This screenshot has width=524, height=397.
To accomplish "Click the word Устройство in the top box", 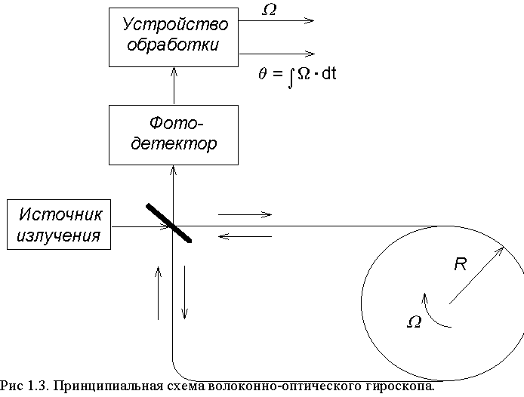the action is pos(175,24).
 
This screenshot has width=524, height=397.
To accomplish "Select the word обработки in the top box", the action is pos(173,45).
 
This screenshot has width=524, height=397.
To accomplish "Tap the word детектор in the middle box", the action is pos(174,143).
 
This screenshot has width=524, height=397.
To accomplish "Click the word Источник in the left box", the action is pos(60,214).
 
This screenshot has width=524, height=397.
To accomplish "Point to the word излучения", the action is pos(59,235).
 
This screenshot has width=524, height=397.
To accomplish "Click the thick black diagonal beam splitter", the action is pos(169,223).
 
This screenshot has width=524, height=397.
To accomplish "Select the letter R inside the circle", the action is pos(460,264).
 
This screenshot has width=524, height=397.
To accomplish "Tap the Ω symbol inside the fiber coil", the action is pos(415,322).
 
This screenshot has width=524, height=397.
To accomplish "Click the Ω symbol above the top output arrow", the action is pos(269,10).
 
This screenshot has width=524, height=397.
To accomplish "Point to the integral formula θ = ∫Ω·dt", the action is pos(297,75).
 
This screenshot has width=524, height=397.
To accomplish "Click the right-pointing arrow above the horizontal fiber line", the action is pos(245,214).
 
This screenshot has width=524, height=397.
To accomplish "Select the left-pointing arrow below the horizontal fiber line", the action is pos(245,236).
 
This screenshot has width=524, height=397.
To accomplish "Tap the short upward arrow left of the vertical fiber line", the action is pos(158,293).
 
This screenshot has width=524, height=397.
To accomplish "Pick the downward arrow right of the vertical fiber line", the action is pos(184,293).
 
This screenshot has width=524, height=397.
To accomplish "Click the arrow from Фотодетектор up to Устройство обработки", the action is pos(174,86).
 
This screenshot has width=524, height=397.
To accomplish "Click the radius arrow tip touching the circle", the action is pos(504,247).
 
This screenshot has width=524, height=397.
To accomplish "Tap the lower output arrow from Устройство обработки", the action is pos(277,54).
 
